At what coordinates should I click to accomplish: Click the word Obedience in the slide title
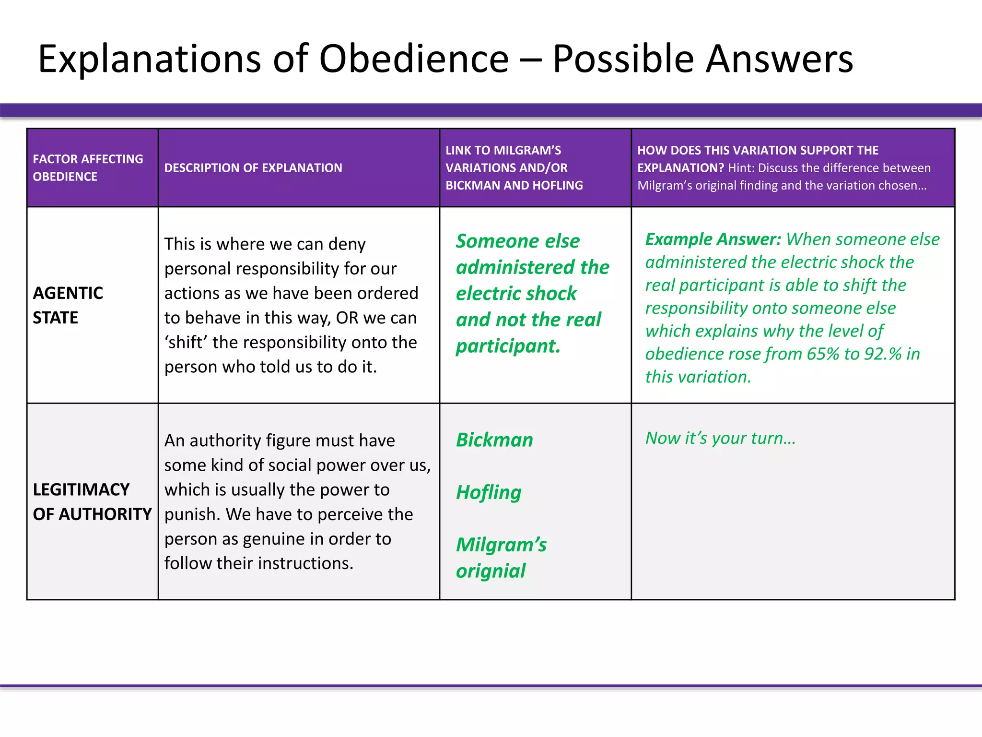413,59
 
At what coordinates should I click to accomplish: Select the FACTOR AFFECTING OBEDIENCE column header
88,167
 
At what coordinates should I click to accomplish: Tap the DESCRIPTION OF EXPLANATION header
253,168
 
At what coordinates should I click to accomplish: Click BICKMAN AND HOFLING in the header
514,185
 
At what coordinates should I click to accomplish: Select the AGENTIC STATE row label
68,305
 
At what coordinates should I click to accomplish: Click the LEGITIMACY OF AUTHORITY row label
92,501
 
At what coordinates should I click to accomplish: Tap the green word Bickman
494,440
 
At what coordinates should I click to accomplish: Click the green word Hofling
489,492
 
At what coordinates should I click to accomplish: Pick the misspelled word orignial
491,571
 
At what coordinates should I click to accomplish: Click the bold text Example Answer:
713,239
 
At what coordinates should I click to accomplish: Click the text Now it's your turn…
720,438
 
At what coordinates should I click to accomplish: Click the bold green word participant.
508,346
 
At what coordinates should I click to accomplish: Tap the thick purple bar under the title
491,110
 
